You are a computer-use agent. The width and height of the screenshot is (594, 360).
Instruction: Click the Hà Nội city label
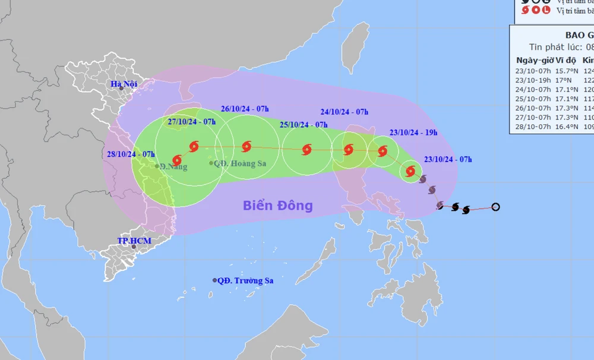pyautogui.click(x=124, y=84)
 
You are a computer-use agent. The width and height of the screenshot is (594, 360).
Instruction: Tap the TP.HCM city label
pyautogui.click(x=134, y=241)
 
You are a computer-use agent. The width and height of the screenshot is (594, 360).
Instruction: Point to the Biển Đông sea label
pyautogui.click(x=277, y=206)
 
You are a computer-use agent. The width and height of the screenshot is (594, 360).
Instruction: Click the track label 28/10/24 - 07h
pyautogui.click(x=131, y=154)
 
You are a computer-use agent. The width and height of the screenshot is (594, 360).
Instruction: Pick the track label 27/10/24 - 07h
pyautogui.click(x=191, y=122)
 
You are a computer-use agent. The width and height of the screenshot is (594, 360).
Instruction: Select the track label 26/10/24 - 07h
pyautogui.click(x=245, y=108)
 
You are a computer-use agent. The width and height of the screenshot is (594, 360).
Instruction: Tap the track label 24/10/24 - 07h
pyautogui.click(x=345, y=111)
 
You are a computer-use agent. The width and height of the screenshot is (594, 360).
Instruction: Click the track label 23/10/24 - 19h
pyautogui.click(x=413, y=132)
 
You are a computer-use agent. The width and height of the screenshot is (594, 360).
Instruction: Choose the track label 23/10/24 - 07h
pyautogui.click(x=448, y=159)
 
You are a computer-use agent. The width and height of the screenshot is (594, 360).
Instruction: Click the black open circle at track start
pyautogui.click(x=496, y=207)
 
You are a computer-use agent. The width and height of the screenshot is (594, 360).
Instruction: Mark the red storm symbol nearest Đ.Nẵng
pyautogui.click(x=176, y=160)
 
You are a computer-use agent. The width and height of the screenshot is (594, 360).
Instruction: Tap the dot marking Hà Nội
pyautogui.click(x=121, y=89)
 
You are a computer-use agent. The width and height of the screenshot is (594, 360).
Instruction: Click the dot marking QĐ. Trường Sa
pyautogui.click(x=214, y=280)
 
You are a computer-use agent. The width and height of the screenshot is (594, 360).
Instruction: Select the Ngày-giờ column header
pyautogui.click(x=533, y=61)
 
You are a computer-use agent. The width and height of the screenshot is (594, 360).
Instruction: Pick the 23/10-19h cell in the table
pyautogui.click(x=533, y=80)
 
